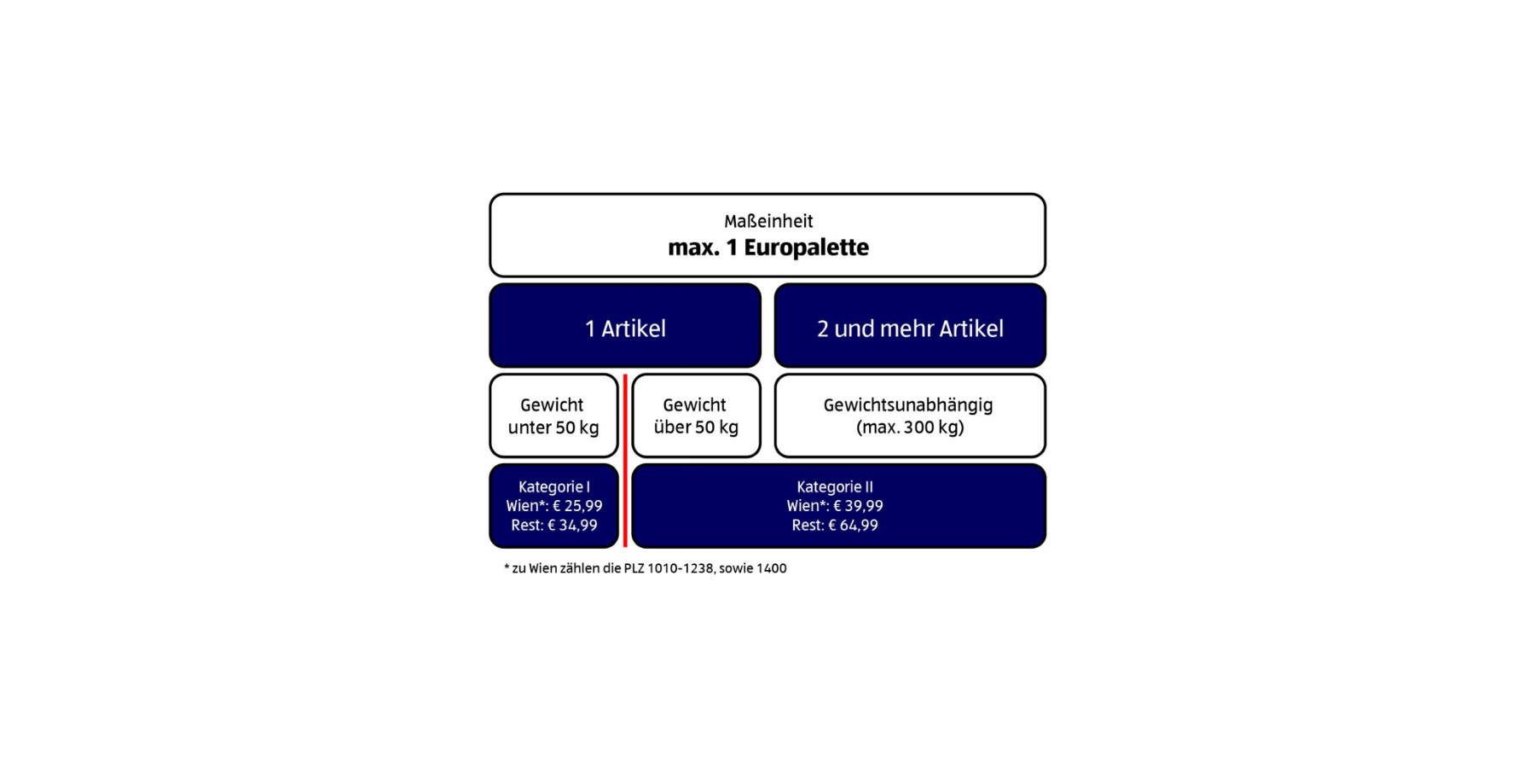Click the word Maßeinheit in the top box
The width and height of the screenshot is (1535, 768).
(x=768, y=222)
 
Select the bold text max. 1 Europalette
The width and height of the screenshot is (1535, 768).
(x=768, y=247)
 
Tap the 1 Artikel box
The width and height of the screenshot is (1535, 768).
(x=625, y=326)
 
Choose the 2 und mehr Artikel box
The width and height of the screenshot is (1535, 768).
(x=910, y=326)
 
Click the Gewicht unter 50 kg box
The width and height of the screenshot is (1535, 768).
(x=553, y=416)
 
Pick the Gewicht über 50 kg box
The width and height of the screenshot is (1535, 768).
(x=696, y=416)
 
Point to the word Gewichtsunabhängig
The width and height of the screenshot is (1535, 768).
(x=908, y=406)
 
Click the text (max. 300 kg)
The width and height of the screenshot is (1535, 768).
(x=910, y=428)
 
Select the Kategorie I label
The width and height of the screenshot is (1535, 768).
(x=554, y=487)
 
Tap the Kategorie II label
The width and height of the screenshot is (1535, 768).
(x=835, y=487)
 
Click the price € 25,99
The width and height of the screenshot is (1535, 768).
(x=577, y=506)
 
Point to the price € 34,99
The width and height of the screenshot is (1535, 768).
(x=572, y=526)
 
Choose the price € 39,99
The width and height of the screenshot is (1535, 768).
(x=858, y=506)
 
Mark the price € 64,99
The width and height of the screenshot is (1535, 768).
(x=853, y=526)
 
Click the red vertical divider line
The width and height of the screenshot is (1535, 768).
(x=625, y=461)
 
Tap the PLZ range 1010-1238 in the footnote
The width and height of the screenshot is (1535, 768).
(x=681, y=568)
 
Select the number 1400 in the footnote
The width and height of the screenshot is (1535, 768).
(x=771, y=568)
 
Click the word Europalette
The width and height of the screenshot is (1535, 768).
(x=807, y=247)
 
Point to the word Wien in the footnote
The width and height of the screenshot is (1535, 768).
(x=542, y=568)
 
